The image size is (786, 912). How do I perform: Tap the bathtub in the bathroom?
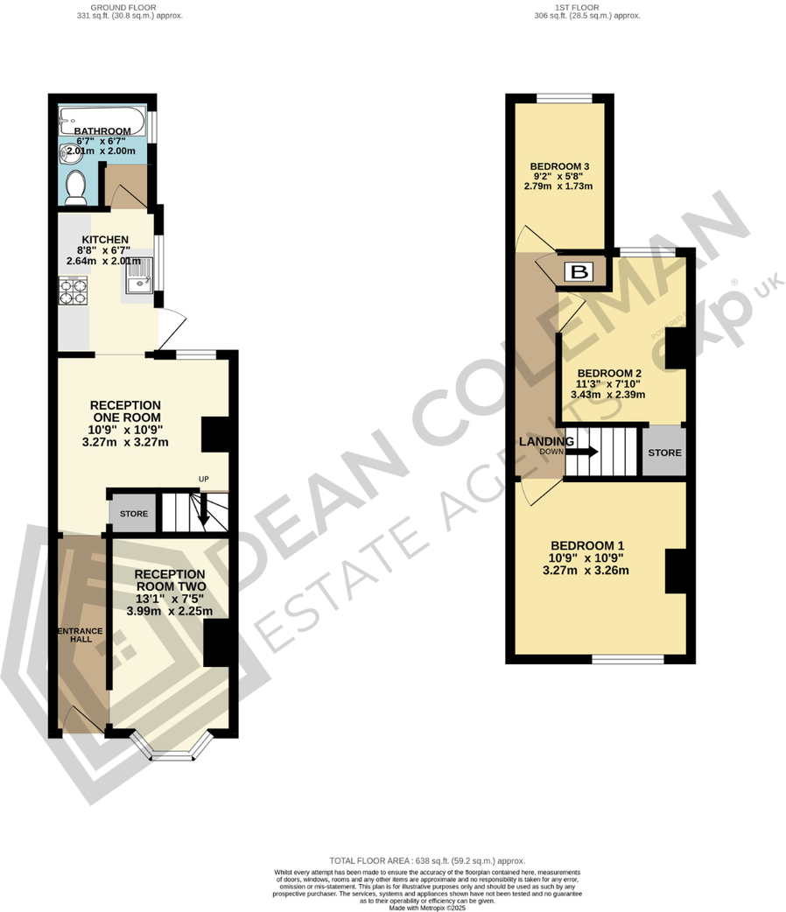click(x=102, y=119)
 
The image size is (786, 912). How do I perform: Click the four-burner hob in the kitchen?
click(x=72, y=291)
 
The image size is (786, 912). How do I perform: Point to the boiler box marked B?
click(x=579, y=271)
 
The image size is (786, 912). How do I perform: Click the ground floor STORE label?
click(x=134, y=514)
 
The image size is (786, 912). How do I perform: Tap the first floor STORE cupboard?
click(x=664, y=452)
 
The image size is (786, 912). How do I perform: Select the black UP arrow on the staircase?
click(x=204, y=513)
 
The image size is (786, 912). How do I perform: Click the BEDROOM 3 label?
click(x=559, y=167)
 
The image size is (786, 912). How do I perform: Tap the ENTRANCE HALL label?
click(x=81, y=636)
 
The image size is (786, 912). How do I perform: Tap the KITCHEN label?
click(x=105, y=240)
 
